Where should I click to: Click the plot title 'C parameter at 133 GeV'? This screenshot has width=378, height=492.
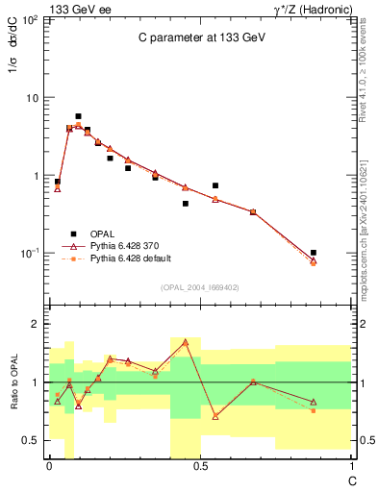pos(199,37)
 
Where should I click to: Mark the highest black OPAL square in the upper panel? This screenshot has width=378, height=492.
pos(78,116)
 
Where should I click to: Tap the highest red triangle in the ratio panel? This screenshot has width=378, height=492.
pos(185,342)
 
